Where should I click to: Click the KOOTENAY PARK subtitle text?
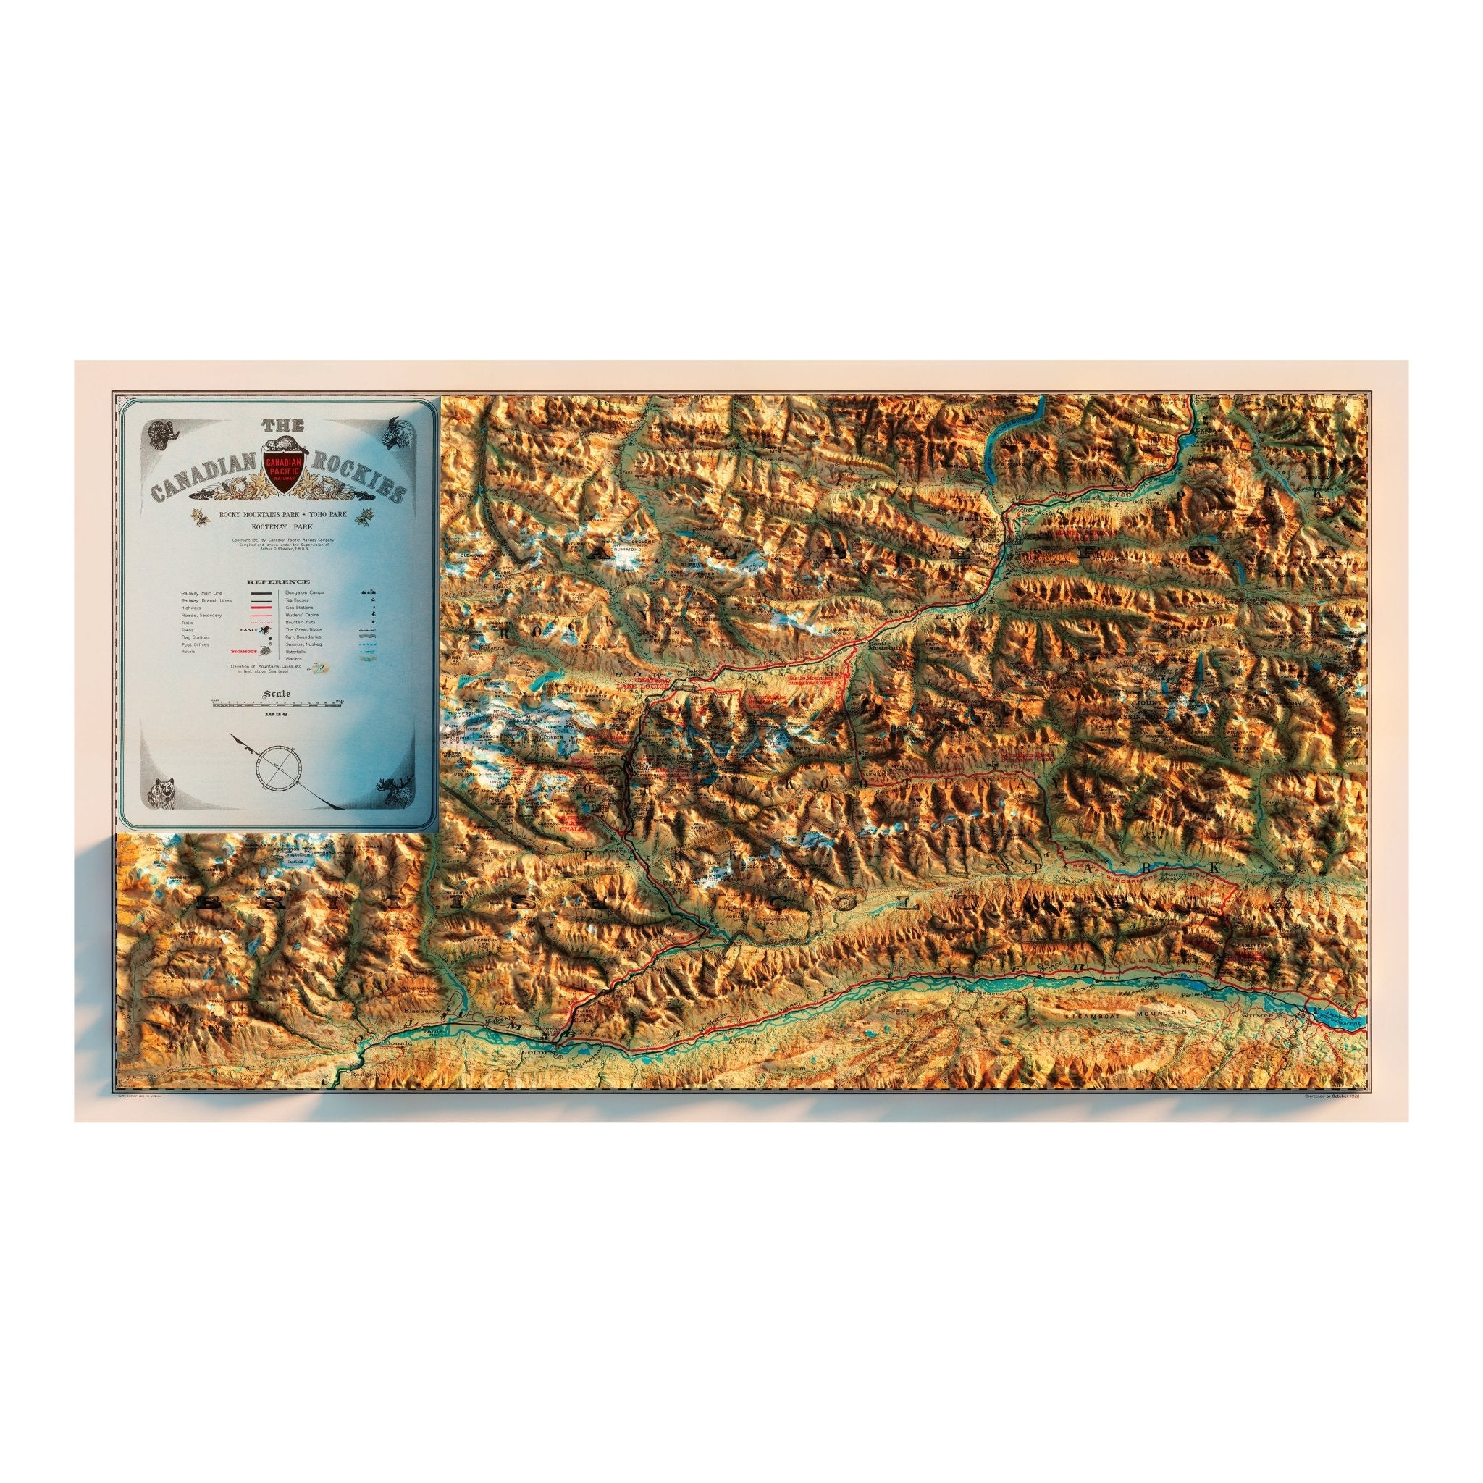(278, 529)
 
